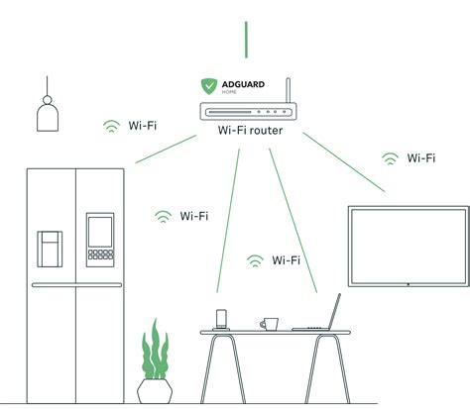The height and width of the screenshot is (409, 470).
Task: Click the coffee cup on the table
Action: coord(269,323)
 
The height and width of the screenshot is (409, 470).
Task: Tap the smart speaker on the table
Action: coord(222,318)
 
